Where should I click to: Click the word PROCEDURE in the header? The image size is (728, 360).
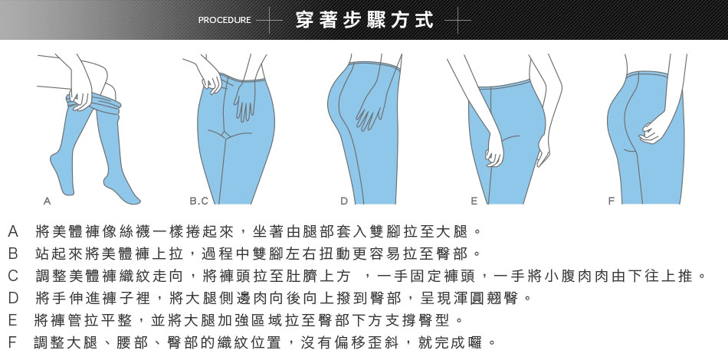pyautogui.click(x=225, y=20)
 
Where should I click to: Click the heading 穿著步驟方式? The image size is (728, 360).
pyautogui.click(x=365, y=20)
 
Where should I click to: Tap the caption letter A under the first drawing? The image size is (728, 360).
pyautogui.click(x=47, y=201)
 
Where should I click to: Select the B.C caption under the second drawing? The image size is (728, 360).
pyautogui.click(x=198, y=201)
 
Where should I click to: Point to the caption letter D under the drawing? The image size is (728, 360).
pyautogui.click(x=344, y=201)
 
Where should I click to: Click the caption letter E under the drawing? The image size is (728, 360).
pyautogui.click(x=474, y=201)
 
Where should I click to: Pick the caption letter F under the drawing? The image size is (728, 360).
pyautogui.click(x=612, y=201)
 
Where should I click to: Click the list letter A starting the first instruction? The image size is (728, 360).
pyautogui.click(x=13, y=231)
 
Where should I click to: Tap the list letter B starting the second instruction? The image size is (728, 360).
pyautogui.click(x=13, y=254)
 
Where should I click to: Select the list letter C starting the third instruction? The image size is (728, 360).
pyautogui.click(x=13, y=276)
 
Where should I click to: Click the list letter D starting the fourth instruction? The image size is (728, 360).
pyautogui.click(x=13, y=298)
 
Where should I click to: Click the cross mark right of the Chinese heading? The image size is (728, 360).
pyautogui.click(x=457, y=21)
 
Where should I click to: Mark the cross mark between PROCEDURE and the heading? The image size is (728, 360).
pyautogui.click(x=269, y=21)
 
